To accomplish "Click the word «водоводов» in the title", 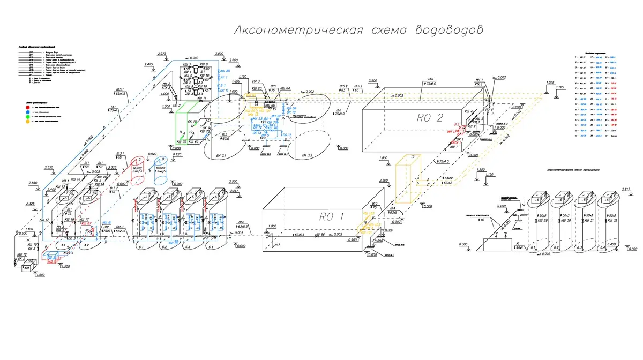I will click(x=448, y=30).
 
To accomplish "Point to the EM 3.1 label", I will click(x=220, y=155).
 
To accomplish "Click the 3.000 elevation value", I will click(x=220, y=54).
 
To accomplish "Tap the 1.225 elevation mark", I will click(x=550, y=83).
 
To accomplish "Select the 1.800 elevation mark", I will click(x=382, y=159).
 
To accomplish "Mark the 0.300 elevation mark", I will click(x=464, y=244).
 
